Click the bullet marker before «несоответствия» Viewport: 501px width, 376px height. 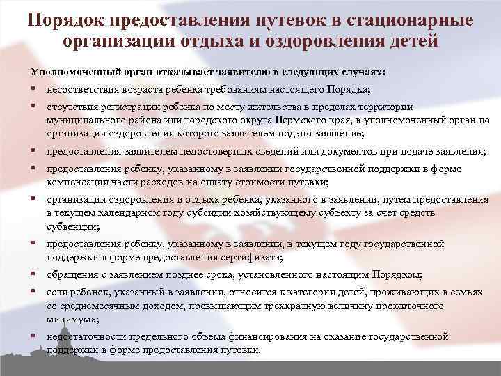33,90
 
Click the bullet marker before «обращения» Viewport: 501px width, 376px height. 33,274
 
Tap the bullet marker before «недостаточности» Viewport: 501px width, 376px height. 33,336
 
